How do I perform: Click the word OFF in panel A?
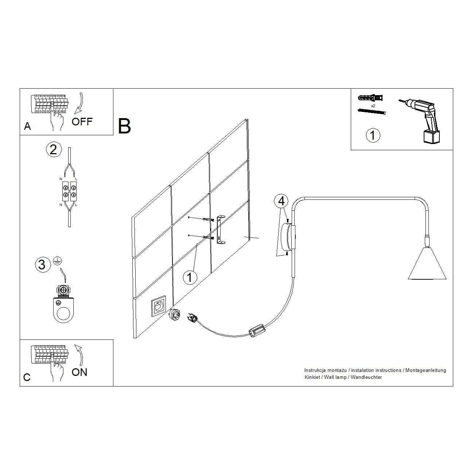pyautogui.click(x=82, y=121)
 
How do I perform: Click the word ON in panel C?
pyautogui.click(x=79, y=372)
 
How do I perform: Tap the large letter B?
pyautogui.click(x=124, y=126)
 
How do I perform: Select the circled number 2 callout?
pyautogui.click(x=54, y=149)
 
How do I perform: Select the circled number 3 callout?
pyautogui.click(x=42, y=265)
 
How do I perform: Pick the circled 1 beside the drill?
pyautogui.click(x=373, y=135)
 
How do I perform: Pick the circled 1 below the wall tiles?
pyautogui.click(x=190, y=277)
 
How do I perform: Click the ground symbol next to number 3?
pyautogui.click(x=57, y=261)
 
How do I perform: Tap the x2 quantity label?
pyautogui.click(x=373, y=106)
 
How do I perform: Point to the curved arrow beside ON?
pyautogui.click(x=79, y=355)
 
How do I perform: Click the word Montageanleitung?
pyautogui.click(x=426, y=370)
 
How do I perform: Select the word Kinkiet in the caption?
pyautogui.click(x=312, y=377)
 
